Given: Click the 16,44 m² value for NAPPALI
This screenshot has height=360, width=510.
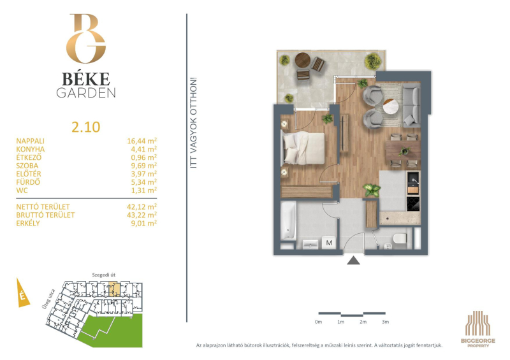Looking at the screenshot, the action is pyautogui.click(x=142, y=141).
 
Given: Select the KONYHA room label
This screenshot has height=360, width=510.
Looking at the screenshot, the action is pyautogui.click(x=31, y=149).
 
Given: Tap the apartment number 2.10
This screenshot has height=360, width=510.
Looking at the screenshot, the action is pyautogui.click(x=86, y=127).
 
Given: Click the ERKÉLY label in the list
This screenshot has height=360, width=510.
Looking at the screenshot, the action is pyautogui.click(x=28, y=224).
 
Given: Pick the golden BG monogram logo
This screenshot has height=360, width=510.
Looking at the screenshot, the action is pyautogui.click(x=86, y=38).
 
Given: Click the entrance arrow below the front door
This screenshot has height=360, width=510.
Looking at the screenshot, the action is pyautogui.click(x=353, y=261).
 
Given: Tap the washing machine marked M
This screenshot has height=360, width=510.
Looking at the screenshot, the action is pyautogui.click(x=329, y=243).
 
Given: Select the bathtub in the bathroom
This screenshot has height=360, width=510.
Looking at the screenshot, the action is pyautogui.click(x=289, y=221).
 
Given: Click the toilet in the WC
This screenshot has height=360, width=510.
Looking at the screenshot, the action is pyautogui.click(x=400, y=239).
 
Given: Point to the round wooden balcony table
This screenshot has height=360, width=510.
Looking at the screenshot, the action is pyautogui.click(x=303, y=60).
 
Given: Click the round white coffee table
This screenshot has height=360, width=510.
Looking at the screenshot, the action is pyautogui.click(x=393, y=106).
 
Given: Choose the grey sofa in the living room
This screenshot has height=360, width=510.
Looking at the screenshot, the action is pyautogui.click(x=412, y=105).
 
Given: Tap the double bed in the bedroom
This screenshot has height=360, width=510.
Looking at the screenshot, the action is pyautogui.click(x=303, y=148).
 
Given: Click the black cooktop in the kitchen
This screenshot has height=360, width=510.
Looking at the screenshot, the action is pyautogui.click(x=413, y=204).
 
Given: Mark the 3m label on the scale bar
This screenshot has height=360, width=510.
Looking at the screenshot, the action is pyautogui.click(x=386, y=322).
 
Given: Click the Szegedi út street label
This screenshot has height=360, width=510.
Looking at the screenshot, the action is pyautogui.click(x=104, y=275).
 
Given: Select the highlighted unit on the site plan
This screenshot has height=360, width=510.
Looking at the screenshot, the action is pyautogui.click(x=114, y=289).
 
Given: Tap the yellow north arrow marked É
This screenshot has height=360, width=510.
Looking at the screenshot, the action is pyautogui.click(x=22, y=292).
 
